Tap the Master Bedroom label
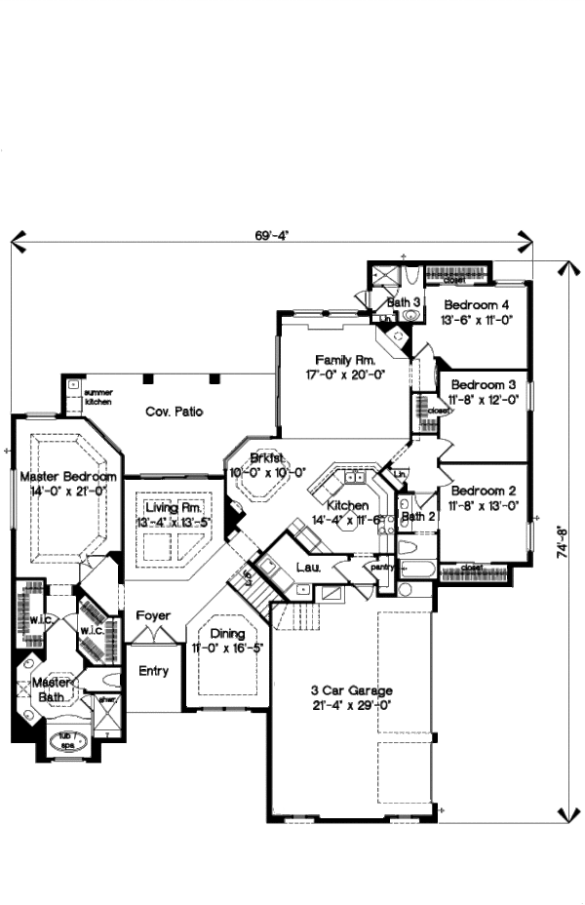[x=68, y=477]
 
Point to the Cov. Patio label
[x=175, y=412]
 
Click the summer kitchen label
[x=98, y=397]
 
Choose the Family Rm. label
[x=338, y=359]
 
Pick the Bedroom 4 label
[x=476, y=304]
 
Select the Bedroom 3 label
[x=476, y=385]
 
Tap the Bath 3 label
[x=403, y=302]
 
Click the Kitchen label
[x=347, y=505]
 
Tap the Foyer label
[x=153, y=616]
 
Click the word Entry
[x=153, y=670]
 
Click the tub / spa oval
[x=67, y=740]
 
